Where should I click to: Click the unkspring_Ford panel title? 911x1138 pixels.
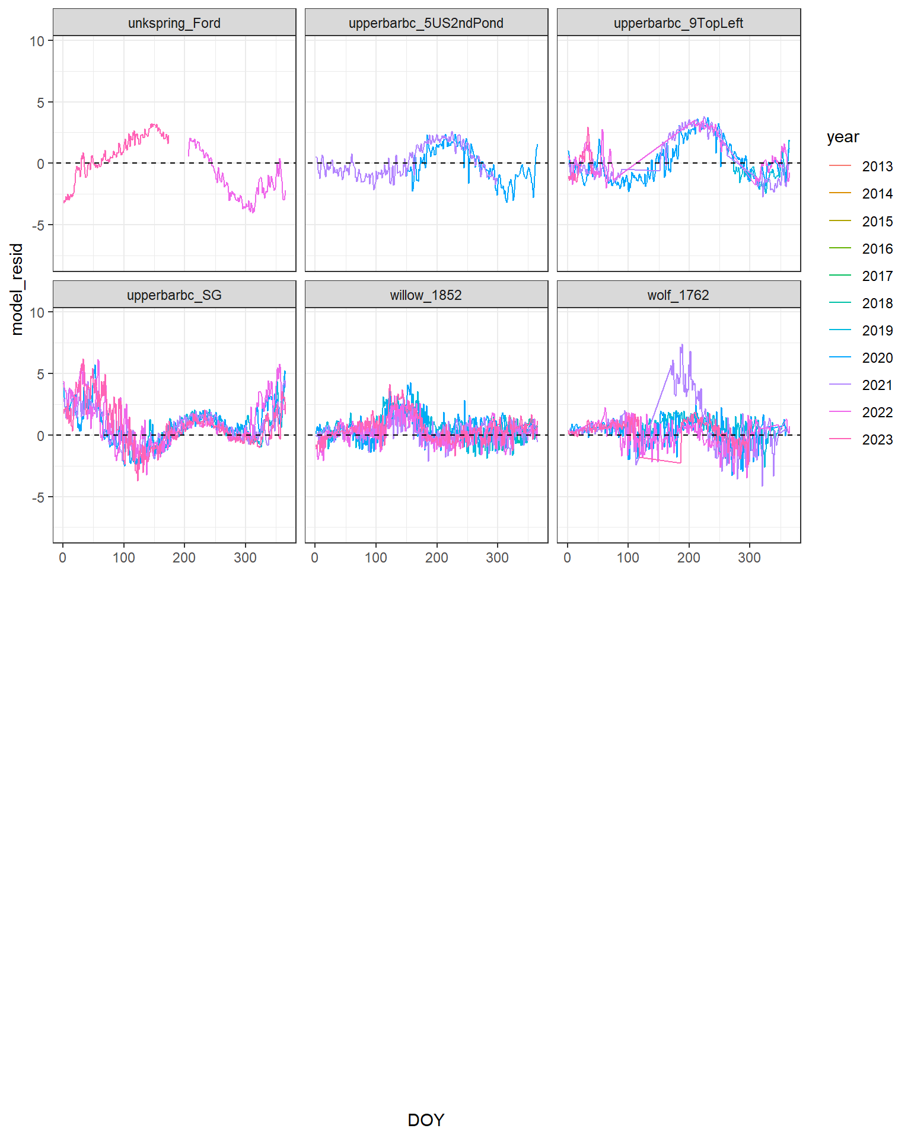pos(174,23)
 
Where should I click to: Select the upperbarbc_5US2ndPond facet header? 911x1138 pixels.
pos(426,23)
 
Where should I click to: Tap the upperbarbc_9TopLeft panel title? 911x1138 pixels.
pos(678,23)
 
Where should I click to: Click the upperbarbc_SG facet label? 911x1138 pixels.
pos(174,295)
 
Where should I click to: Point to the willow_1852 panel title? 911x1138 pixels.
pos(426,295)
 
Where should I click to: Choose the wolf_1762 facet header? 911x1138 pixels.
pos(678,295)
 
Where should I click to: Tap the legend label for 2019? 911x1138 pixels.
pos(877,331)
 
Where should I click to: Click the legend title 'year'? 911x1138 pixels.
pos(843,137)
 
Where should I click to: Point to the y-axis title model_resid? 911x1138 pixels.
pos(17,289)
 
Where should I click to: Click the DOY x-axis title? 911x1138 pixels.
pos(426,1120)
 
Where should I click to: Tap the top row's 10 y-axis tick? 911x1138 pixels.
pos(37,41)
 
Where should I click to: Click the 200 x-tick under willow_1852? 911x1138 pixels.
pos(437,558)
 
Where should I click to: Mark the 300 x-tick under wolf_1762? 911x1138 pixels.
pos(749,558)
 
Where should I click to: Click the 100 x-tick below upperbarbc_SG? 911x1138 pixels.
pos(124,558)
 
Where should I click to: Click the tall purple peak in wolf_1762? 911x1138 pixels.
pos(681,346)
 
